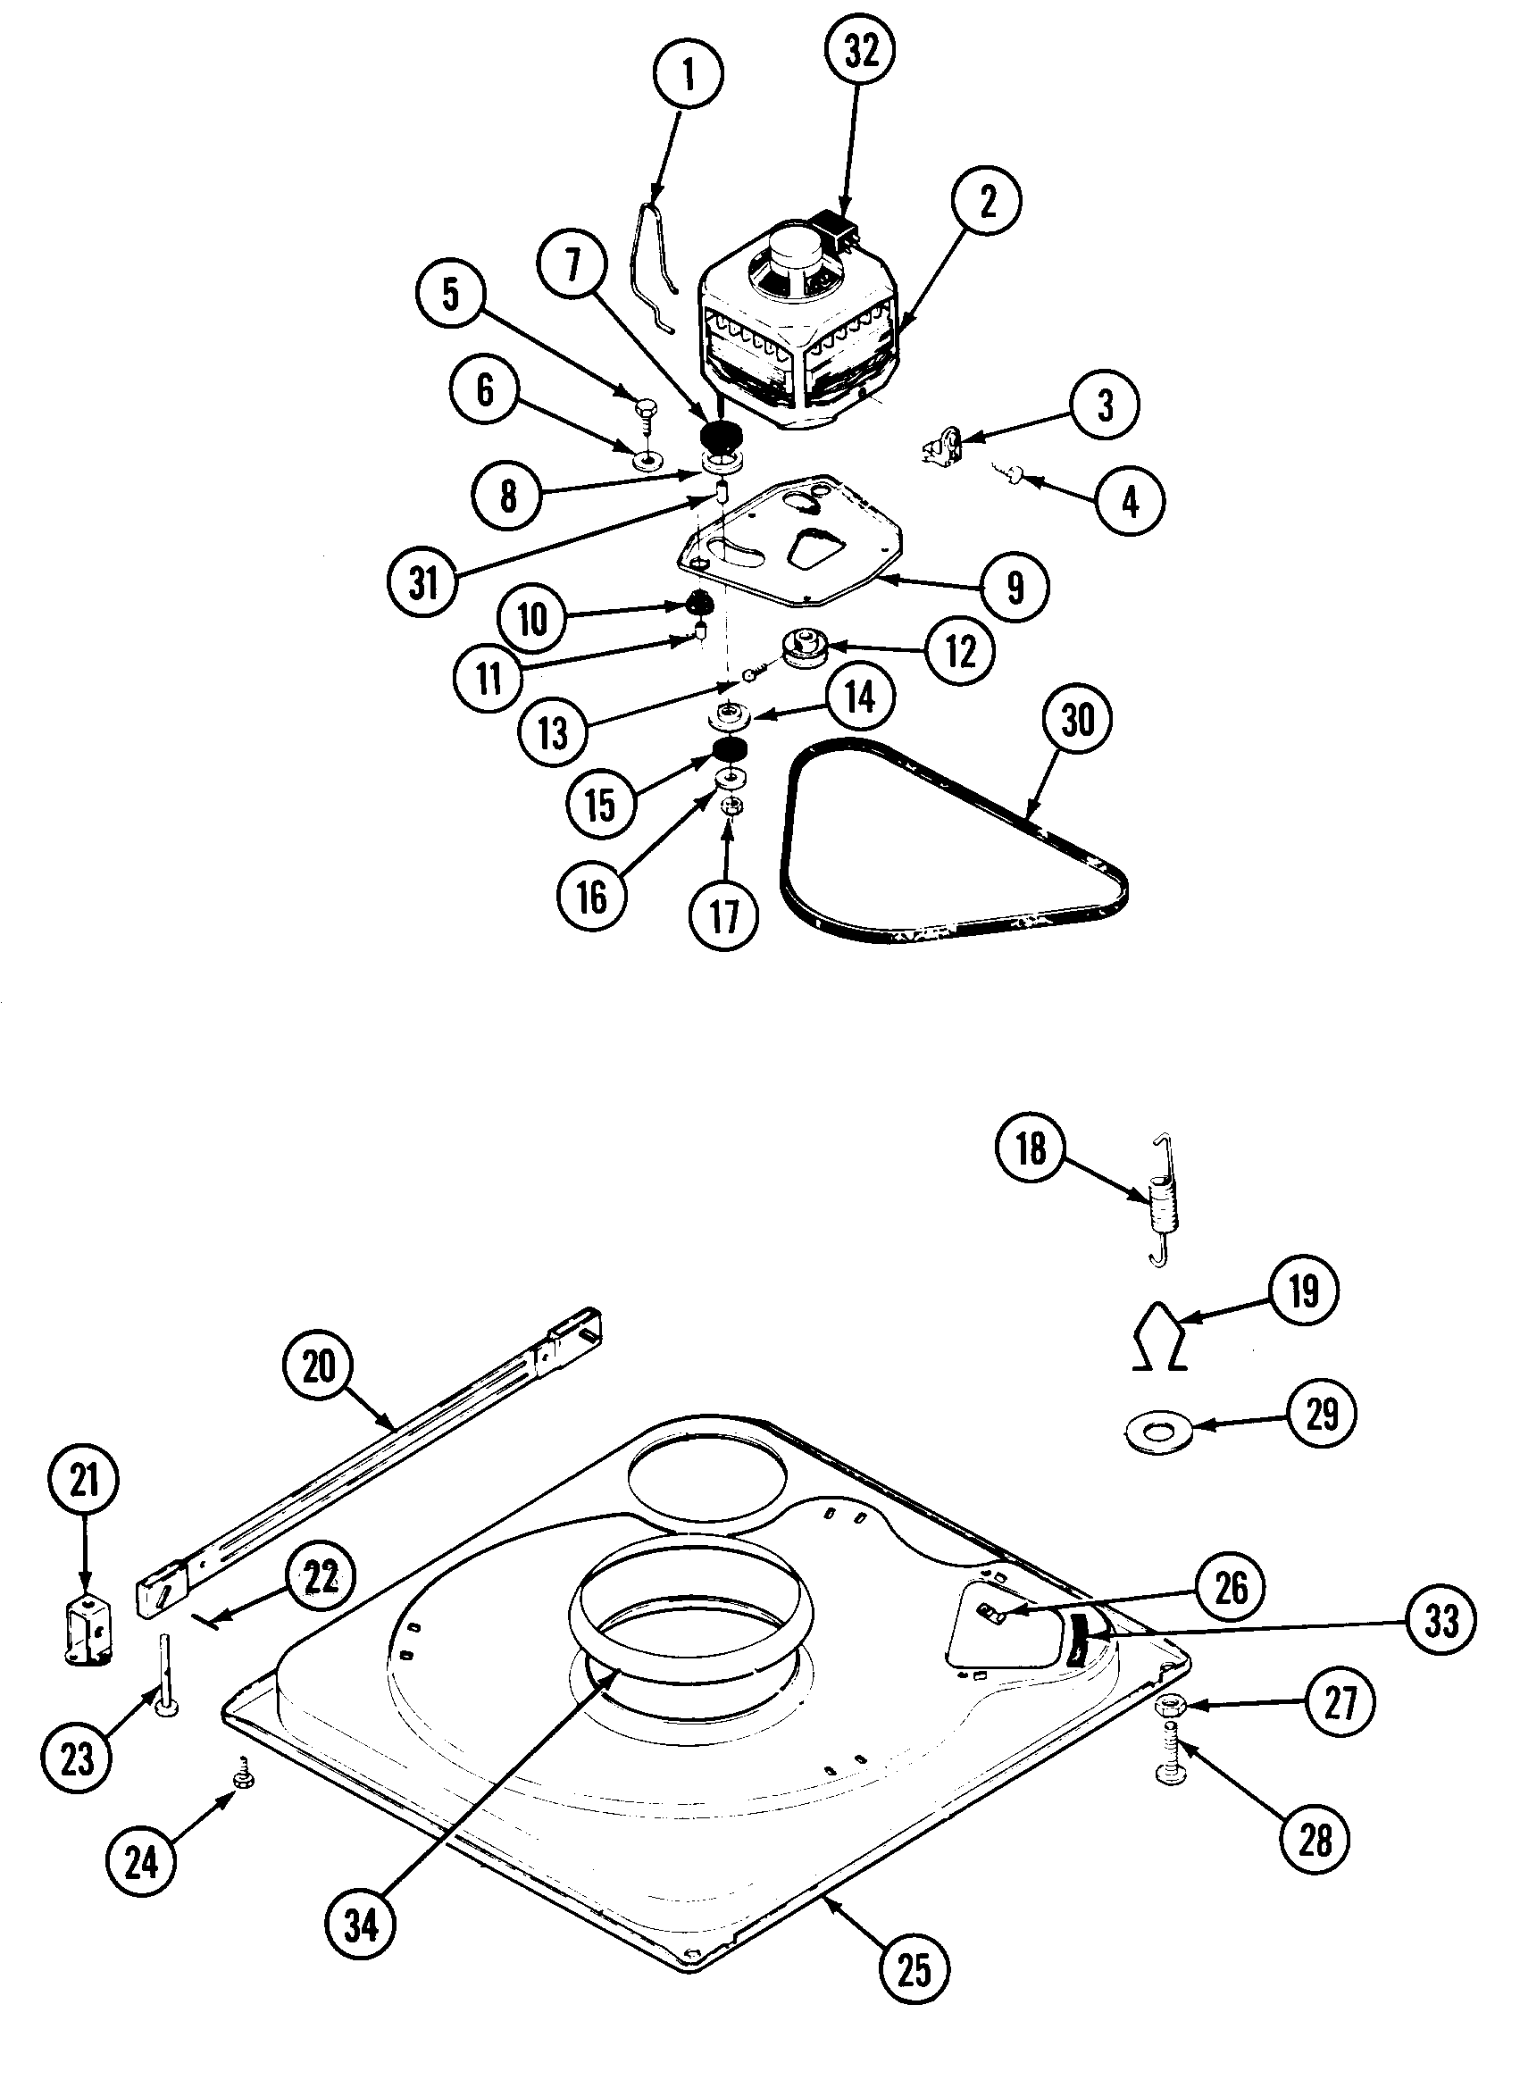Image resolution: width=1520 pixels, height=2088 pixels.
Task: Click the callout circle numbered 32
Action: (x=862, y=53)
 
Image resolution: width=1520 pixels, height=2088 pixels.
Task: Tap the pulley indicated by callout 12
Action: (x=806, y=651)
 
